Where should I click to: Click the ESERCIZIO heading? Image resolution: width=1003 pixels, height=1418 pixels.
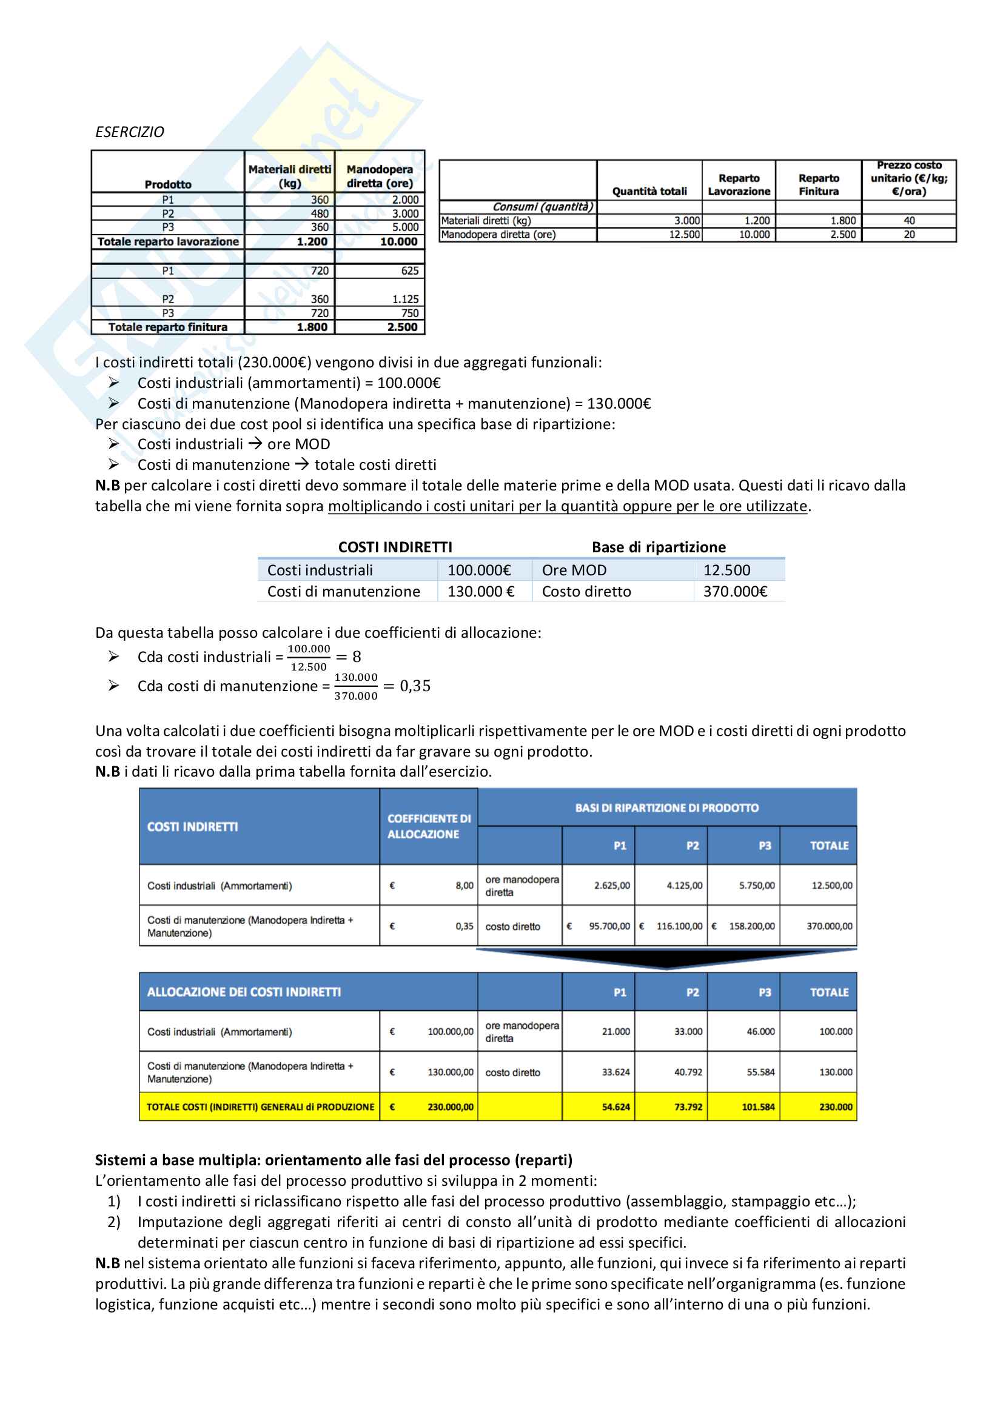click(130, 132)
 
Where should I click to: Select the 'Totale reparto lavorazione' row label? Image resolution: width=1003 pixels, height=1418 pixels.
click(168, 241)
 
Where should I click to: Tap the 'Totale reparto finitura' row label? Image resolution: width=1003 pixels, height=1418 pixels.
click(168, 327)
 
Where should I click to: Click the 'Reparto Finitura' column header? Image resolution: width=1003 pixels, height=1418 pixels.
click(818, 185)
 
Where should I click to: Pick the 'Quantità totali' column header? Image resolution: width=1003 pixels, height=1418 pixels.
click(649, 192)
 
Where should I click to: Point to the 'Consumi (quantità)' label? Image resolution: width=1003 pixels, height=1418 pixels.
click(542, 207)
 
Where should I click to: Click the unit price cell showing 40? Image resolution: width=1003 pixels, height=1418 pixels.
click(909, 221)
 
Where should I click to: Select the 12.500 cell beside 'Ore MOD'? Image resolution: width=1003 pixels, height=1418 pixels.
click(726, 570)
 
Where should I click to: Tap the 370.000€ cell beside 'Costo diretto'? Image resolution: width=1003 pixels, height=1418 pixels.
click(735, 592)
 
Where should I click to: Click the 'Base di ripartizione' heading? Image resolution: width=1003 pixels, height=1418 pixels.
click(659, 547)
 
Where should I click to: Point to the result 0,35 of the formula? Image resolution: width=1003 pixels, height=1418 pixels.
click(415, 686)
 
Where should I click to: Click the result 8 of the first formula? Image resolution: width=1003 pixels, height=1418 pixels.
click(357, 657)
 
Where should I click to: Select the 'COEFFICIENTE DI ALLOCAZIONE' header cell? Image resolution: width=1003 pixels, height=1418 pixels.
click(429, 826)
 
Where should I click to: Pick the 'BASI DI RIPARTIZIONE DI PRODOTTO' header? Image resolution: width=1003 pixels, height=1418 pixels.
click(666, 808)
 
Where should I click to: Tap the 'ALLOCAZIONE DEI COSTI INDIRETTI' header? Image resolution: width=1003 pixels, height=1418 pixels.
click(244, 992)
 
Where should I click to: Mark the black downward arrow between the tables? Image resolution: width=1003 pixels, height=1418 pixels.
click(666, 958)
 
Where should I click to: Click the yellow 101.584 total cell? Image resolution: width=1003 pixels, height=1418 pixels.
click(758, 1107)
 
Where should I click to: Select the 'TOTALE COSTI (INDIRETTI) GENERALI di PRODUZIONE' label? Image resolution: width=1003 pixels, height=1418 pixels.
click(260, 1107)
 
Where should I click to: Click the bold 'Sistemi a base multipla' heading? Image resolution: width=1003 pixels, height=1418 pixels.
click(334, 1160)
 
